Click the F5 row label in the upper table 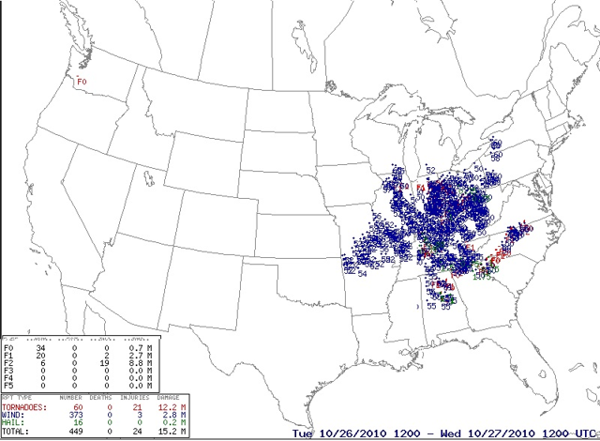tap(9, 387)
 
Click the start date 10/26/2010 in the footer tap(350, 434)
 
